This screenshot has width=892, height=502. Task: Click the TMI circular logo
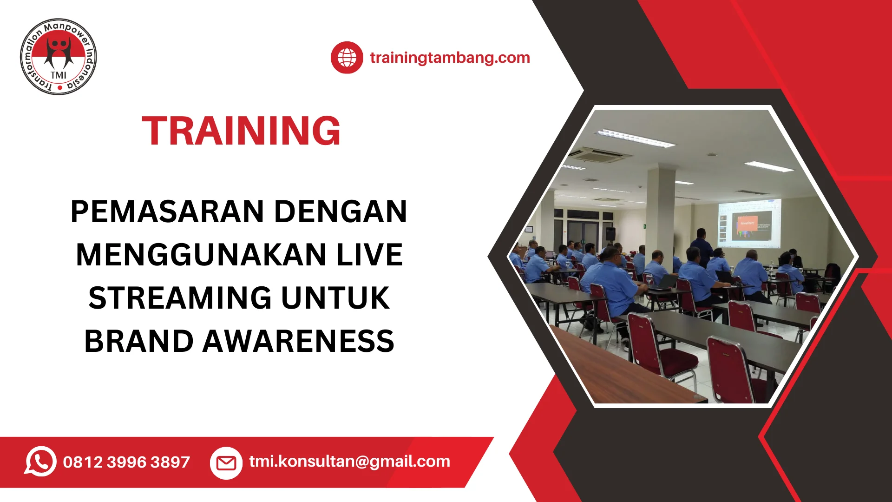[59, 57]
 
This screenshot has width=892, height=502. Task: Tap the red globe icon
[347, 58]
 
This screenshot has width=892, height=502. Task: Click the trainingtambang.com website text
[450, 58]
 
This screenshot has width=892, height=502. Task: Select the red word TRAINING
[241, 131]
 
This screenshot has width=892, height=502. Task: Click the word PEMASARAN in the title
[168, 211]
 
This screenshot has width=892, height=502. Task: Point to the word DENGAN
[341, 211]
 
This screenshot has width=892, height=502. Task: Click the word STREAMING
[180, 298]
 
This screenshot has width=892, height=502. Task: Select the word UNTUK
[335, 298]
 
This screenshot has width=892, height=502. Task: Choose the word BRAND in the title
[139, 341]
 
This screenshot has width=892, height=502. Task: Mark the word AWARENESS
[299, 341]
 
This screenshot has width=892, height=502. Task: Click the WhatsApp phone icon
[40, 462]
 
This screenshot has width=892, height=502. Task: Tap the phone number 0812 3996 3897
[126, 462]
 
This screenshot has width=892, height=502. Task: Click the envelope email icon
[226, 463]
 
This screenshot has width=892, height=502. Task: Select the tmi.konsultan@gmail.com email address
[350, 461]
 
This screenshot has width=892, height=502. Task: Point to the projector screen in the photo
[749, 223]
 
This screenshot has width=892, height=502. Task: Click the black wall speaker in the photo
[610, 234]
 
